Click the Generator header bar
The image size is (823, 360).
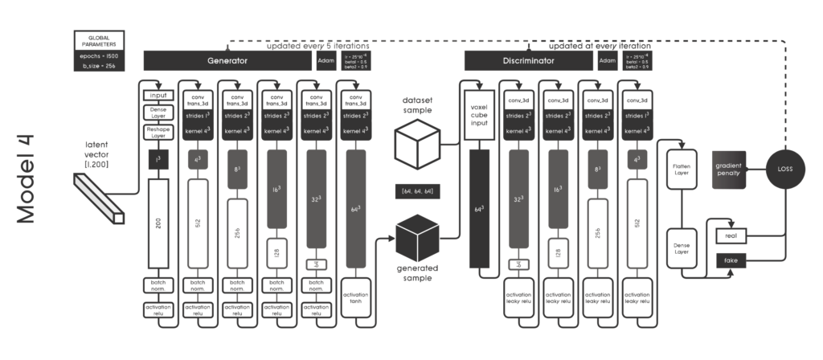pos(227,60)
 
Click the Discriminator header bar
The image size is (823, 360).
pos(528,60)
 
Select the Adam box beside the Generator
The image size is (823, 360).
pos(326,60)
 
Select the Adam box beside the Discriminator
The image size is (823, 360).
pos(608,60)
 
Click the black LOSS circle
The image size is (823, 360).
pos(784,170)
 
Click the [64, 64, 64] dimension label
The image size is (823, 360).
pos(417,190)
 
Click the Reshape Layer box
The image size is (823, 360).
pos(158,133)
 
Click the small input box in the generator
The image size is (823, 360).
pos(158,96)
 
